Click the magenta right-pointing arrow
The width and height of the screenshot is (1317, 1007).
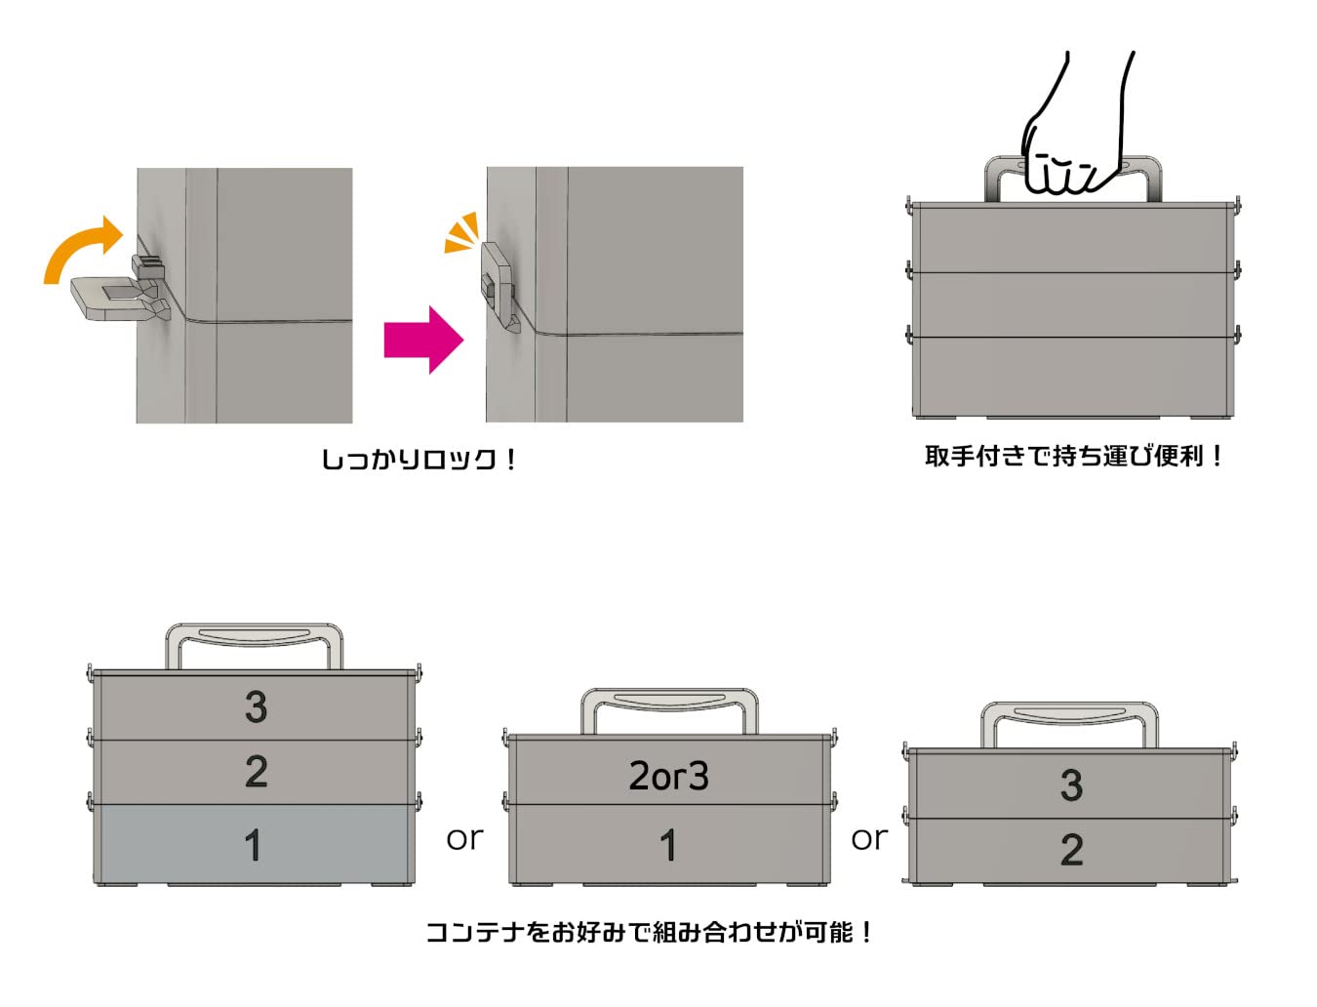click(422, 340)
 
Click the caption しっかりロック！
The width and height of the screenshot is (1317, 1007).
click(419, 459)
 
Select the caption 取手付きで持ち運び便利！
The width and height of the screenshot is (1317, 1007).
click(1073, 456)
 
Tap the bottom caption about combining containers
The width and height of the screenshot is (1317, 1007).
click(650, 933)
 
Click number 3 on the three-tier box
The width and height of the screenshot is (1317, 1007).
click(256, 706)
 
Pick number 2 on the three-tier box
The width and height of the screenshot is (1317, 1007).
click(256, 772)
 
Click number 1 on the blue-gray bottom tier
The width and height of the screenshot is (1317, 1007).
click(254, 845)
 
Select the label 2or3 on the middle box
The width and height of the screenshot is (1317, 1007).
click(668, 777)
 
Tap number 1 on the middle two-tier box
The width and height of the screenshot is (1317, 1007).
click(668, 845)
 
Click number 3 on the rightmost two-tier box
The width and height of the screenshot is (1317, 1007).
click(1071, 785)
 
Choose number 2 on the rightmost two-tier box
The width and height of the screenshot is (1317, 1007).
click(1071, 850)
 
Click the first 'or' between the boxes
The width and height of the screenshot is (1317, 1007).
click(464, 838)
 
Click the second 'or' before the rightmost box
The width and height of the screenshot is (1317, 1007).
click(869, 838)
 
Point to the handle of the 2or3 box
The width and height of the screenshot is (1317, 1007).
click(669, 699)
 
